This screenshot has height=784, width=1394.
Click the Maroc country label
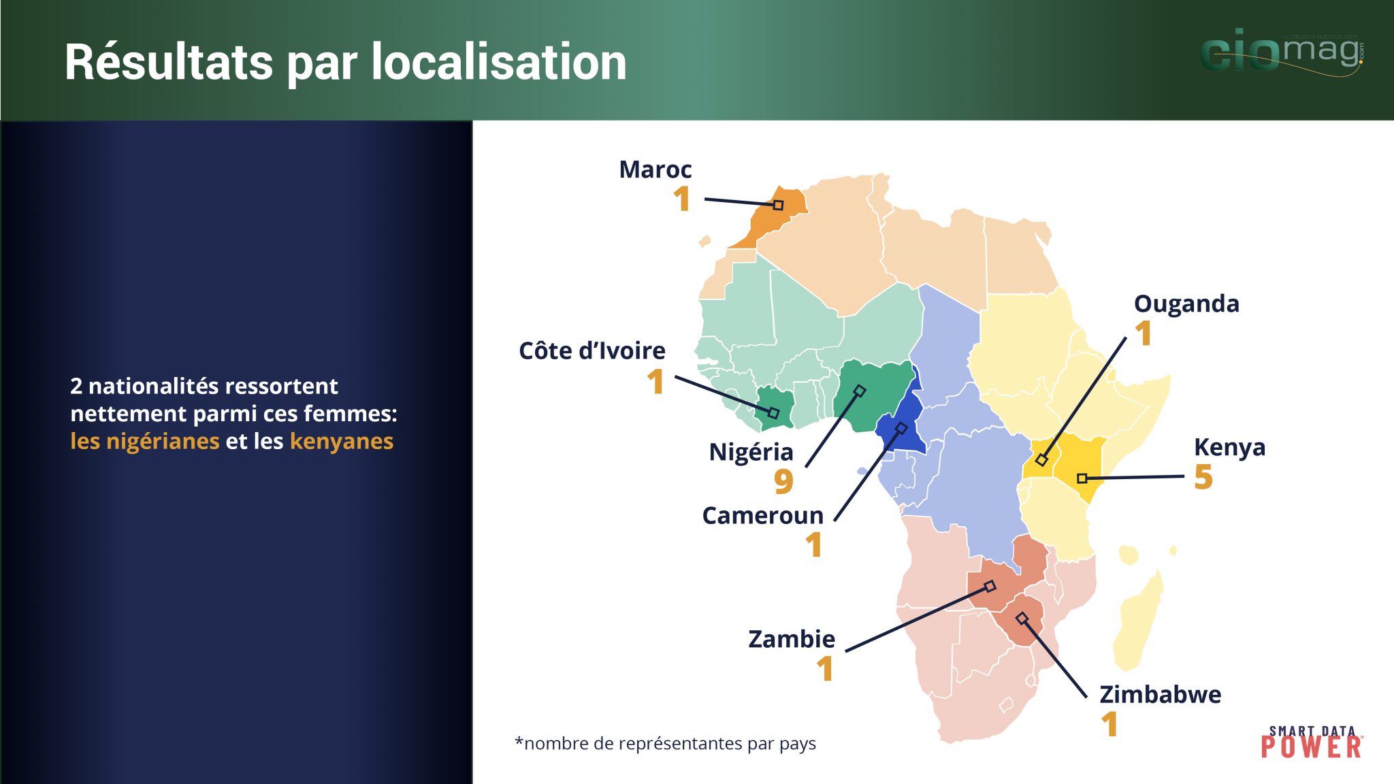click(x=655, y=169)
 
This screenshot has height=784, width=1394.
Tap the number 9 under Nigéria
click(x=783, y=481)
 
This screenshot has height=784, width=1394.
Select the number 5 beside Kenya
click(x=1203, y=476)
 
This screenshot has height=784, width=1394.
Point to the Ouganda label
click(x=1186, y=304)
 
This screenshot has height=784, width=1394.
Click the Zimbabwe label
click(x=1161, y=694)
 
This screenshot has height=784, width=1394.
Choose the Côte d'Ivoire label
click(x=592, y=350)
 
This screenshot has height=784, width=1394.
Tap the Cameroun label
click(x=762, y=515)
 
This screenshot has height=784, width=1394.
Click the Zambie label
click(x=792, y=639)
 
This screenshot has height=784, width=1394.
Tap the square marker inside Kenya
click(x=1082, y=478)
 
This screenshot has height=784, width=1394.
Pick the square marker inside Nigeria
click(x=860, y=391)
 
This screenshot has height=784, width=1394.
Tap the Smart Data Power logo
click(x=1312, y=742)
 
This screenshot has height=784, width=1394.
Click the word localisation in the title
click(x=499, y=62)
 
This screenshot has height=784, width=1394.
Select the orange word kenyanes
click(x=342, y=442)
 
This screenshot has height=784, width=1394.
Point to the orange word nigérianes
click(x=144, y=442)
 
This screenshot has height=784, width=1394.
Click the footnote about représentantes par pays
click(x=666, y=743)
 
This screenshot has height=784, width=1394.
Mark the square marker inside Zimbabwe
click(x=1022, y=618)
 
